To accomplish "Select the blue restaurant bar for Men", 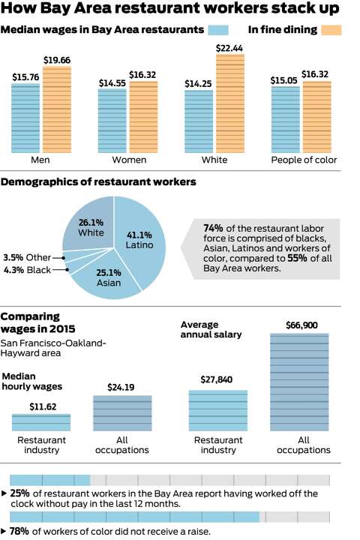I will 25,118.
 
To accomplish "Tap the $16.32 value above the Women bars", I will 143,75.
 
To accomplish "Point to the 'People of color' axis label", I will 304,160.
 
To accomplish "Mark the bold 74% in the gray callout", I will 212,228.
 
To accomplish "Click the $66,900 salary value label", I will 299,325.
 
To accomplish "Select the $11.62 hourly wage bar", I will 41,421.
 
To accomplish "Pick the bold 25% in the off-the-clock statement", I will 20,493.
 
